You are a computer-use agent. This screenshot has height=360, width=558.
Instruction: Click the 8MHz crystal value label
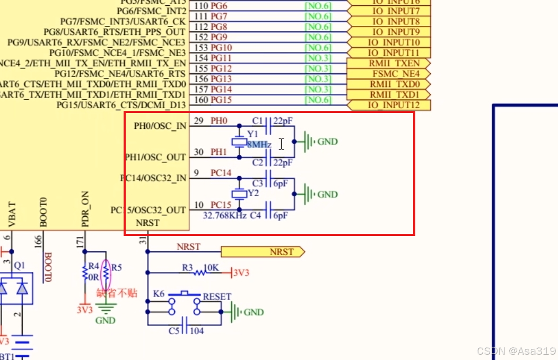coord(259,145)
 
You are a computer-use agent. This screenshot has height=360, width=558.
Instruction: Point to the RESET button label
coord(217,296)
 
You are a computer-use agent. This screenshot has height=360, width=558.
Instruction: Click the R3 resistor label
coord(187,268)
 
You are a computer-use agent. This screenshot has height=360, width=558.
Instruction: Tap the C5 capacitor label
coord(175,331)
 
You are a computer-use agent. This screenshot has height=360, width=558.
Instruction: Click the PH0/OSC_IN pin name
coord(160,126)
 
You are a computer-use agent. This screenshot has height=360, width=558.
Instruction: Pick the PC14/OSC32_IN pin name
coord(154,178)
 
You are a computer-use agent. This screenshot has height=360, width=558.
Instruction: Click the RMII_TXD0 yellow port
coord(388,84)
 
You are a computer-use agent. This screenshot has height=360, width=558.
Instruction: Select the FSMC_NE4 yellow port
coord(388,74)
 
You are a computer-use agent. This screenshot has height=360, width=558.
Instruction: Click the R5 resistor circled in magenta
coord(107,273)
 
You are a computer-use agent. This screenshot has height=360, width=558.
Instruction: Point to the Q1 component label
coord(20,265)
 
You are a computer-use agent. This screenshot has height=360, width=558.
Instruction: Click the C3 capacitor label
coord(257,183)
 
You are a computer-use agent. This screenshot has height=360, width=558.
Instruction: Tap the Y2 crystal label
coord(253,194)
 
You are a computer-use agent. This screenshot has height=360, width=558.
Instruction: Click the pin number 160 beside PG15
coord(202,100)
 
